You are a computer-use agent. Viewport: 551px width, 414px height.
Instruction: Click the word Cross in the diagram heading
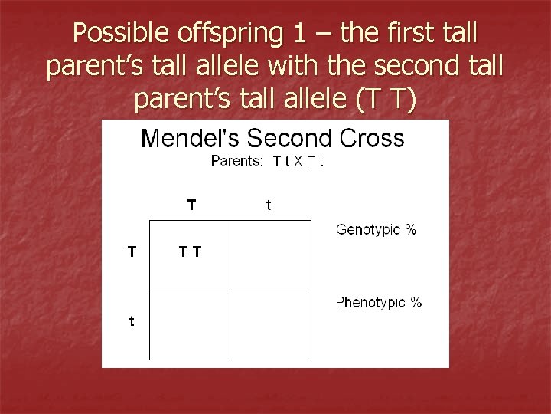370,139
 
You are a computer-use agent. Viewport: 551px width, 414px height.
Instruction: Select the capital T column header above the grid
191,205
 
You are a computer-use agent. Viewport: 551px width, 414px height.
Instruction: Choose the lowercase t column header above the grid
268,205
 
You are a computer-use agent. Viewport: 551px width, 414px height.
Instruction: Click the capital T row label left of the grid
132,250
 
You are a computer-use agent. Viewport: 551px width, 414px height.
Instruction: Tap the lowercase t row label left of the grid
131,321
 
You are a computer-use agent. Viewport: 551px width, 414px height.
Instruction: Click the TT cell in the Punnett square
190,251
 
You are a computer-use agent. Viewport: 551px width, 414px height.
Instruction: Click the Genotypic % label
376,230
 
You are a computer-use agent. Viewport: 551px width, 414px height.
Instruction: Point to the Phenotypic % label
378,302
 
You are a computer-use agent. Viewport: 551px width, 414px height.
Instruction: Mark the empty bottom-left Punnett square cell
190,325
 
